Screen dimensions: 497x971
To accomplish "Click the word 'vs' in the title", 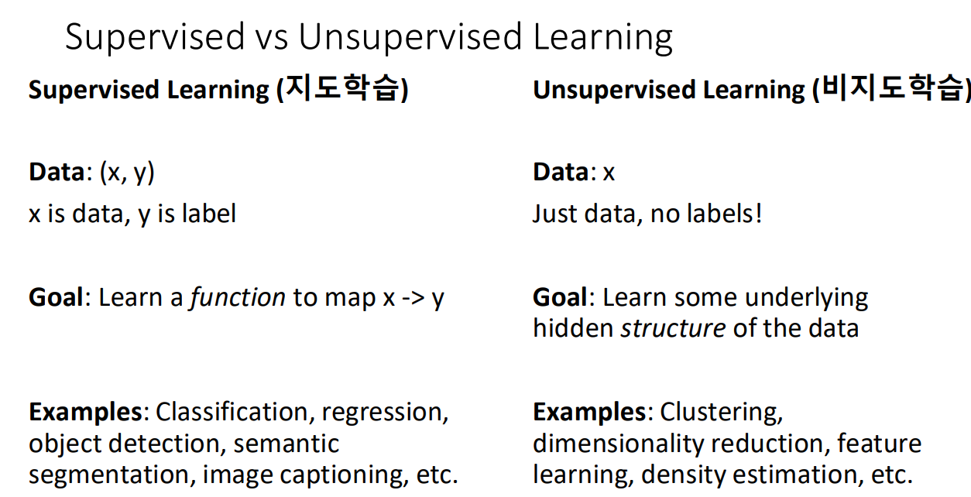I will (269, 37).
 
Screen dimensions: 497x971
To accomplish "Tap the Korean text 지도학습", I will (342, 89).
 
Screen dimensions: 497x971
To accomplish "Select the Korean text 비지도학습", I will (890, 89).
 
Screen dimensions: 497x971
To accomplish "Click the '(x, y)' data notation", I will (126, 172).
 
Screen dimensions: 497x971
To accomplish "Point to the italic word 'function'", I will (237, 298).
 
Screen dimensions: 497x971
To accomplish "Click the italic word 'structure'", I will (673, 328).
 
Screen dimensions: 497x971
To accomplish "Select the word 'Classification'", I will (232, 412).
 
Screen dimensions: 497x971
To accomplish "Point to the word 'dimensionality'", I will (618, 444).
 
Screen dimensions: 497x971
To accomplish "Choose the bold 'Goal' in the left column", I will (56, 298).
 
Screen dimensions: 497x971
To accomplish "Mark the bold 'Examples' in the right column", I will (589, 412).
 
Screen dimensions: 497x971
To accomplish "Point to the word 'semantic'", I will (286, 444).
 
